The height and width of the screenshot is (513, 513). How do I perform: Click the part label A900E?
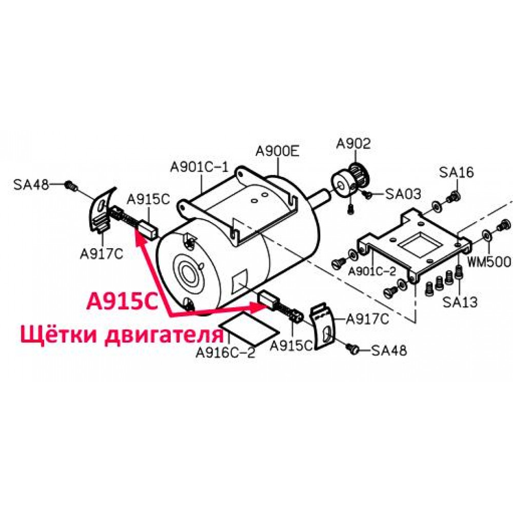tap(278, 151)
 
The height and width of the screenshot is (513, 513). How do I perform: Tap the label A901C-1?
tap(199, 167)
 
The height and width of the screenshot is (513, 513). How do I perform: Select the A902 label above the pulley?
tap(353, 143)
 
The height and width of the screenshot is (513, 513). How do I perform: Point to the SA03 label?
tap(403, 194)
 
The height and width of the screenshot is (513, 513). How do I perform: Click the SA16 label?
tap(457, 172)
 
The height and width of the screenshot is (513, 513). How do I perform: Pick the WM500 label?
tap(489, 262)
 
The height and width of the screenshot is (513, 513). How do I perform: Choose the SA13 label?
tap(460, 302)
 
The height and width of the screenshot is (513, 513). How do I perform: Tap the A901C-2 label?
tap(372, 271)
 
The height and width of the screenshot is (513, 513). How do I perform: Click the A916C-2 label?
tap(225, 353)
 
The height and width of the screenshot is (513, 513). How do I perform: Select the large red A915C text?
tap(123, 303)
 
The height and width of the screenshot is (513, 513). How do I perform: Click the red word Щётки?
tap(58, 334)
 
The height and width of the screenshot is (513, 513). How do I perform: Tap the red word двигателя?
tap(164, 336)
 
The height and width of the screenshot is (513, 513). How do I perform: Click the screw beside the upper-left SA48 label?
tap(71, 186)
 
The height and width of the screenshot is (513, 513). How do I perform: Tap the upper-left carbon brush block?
tap(148, 229)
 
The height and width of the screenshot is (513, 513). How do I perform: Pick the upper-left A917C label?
tap(102, 254)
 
